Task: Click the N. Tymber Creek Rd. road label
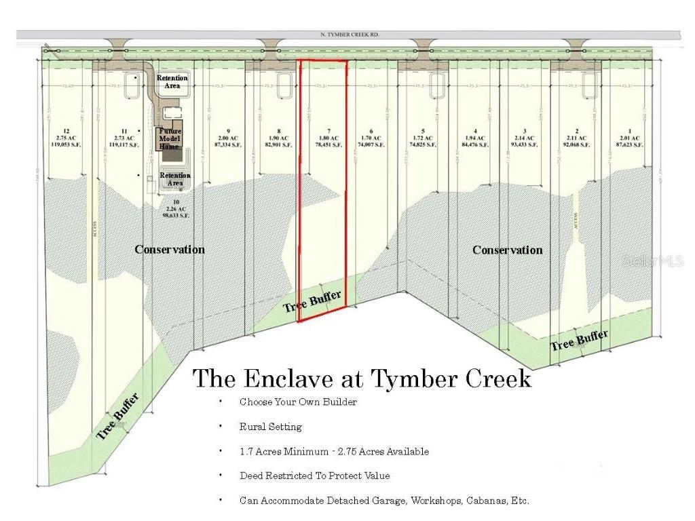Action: pos(350,34)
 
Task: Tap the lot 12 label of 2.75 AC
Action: pos(66,138)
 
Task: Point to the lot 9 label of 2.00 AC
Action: pos(229,138)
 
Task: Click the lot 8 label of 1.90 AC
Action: pos(278,138)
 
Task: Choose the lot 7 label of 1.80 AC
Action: pos(328,138)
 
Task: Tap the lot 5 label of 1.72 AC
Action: pos(423,138)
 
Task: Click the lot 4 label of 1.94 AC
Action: pos(475,138)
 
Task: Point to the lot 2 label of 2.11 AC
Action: pos(576,138)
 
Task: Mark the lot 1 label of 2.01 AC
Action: pos(630,138)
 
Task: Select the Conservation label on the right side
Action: pos(507,250)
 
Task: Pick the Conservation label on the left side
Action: pos(170,250)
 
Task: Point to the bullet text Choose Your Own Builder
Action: pos(298,402)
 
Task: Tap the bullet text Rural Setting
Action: pos(270,427)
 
